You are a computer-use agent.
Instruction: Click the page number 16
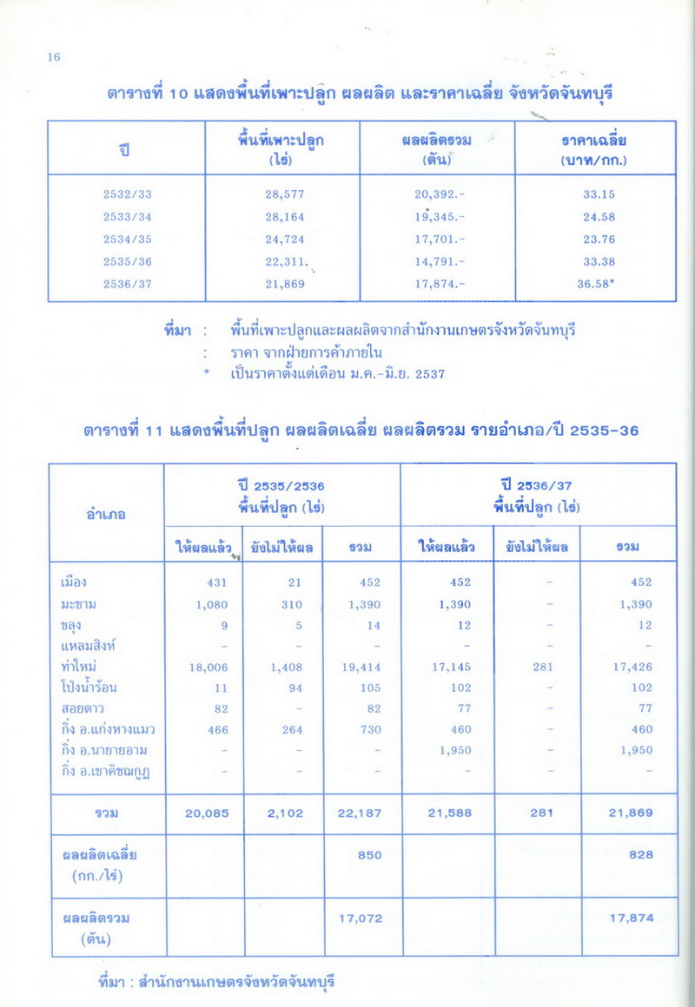[54, 57]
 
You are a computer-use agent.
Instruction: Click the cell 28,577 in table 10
[285, 194]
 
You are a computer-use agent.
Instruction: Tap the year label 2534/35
[127, 239]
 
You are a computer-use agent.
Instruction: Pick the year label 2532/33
[127, 194]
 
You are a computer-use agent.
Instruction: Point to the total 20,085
[207, 813]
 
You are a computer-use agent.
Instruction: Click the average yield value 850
[370, 855]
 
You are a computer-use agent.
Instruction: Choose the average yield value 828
[641, 855]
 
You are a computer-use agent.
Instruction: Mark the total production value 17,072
[361, 918]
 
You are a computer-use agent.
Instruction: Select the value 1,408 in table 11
[283, 667]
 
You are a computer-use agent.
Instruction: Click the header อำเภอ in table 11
[106, 514]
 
